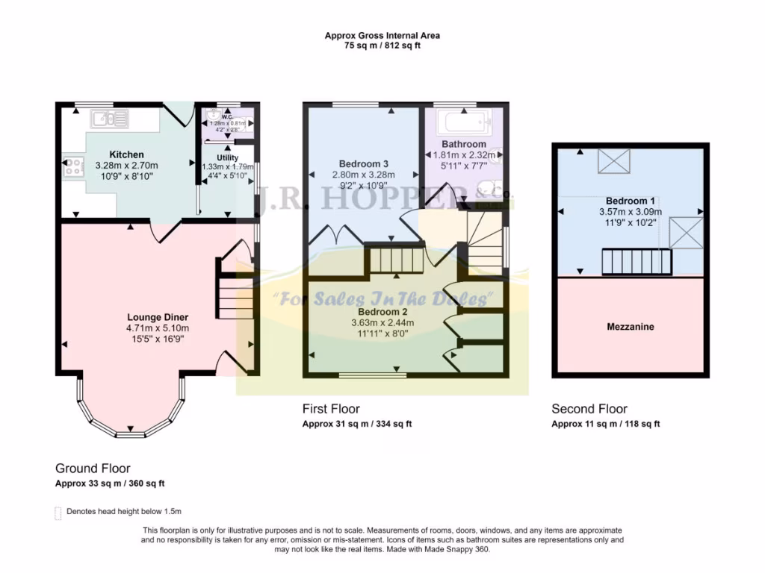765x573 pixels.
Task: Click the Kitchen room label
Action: (x=127, y=154)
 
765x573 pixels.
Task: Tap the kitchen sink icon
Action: (x=110, y=118)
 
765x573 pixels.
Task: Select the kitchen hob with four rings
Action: (x=72, y=167)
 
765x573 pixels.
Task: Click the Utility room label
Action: (x=227, y=157)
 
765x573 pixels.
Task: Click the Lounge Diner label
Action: (x=158, y=316)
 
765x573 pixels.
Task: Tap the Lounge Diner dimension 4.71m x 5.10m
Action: (x=158, y=328)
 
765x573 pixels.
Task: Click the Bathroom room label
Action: (x=463, y=144)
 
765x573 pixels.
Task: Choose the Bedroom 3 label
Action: (x=362, y=163)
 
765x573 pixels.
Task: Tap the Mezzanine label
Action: (x=630, y=327)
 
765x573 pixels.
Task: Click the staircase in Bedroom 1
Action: (x=637, y=263)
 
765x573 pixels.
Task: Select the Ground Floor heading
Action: (x=93, y=469)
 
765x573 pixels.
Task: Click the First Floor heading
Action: (x=331, y=409)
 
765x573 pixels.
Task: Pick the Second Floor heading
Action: (x=589, y=409)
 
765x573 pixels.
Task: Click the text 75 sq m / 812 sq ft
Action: (x=382, y=46)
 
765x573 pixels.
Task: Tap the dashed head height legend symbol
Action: (x=58, y=513)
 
